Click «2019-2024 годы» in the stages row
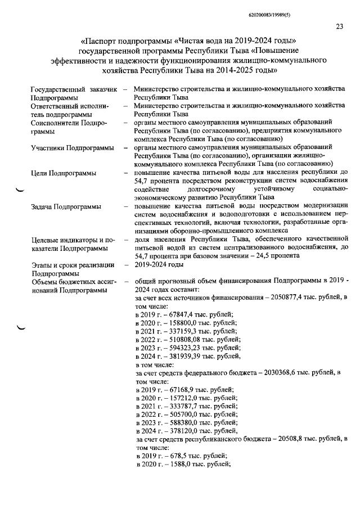[159, 265]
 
